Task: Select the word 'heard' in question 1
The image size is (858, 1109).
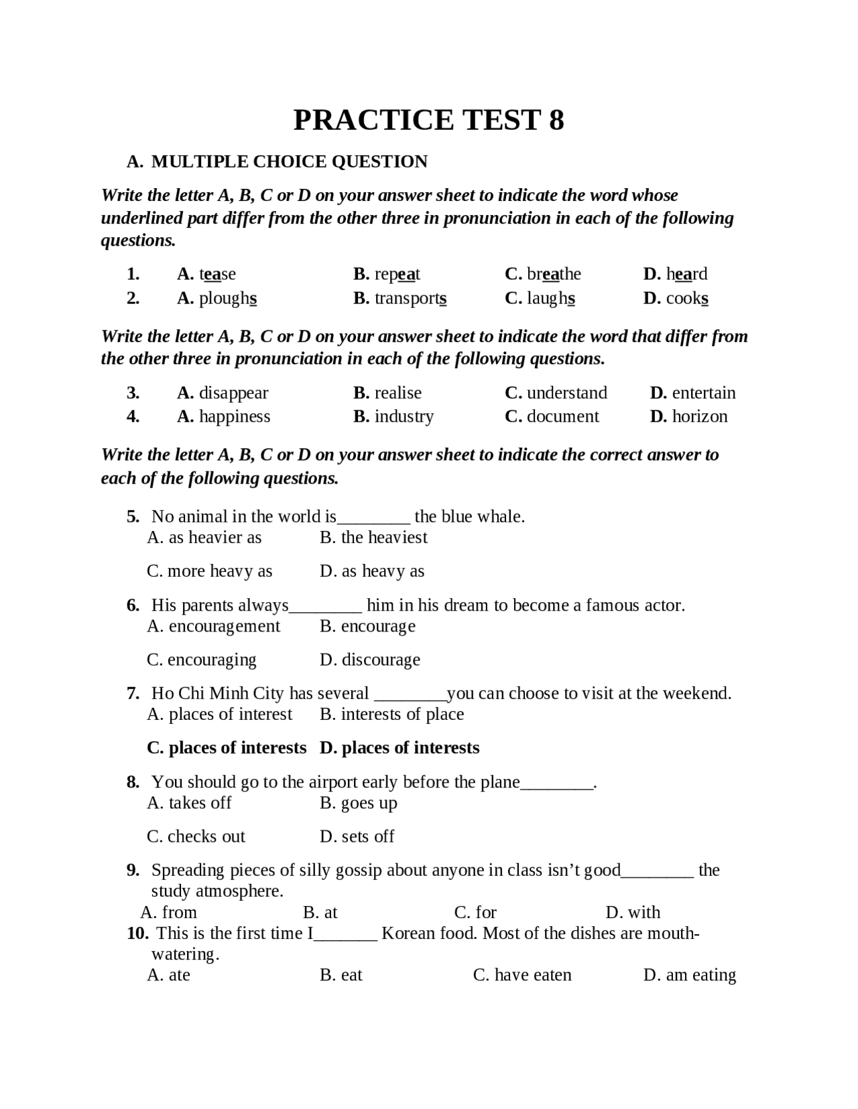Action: [686, 274]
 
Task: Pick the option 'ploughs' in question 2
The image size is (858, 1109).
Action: [227, 298]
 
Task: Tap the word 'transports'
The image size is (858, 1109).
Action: [410, 298]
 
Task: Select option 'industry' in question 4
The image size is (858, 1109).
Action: [404, 417]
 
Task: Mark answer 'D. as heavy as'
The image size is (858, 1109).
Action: [372, 571]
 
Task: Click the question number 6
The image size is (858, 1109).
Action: [133, 605]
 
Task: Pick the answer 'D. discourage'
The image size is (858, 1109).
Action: [370, 660]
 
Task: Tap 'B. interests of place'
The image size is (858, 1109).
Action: [391, 715]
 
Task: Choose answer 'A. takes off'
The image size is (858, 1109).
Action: [189, 803]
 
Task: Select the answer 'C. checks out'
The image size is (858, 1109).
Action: [196, 836]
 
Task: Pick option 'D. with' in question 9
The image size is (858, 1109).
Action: [633, 912]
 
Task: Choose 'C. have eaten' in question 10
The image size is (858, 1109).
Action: [522, 975]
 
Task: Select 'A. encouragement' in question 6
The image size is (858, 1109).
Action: [213, 626]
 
